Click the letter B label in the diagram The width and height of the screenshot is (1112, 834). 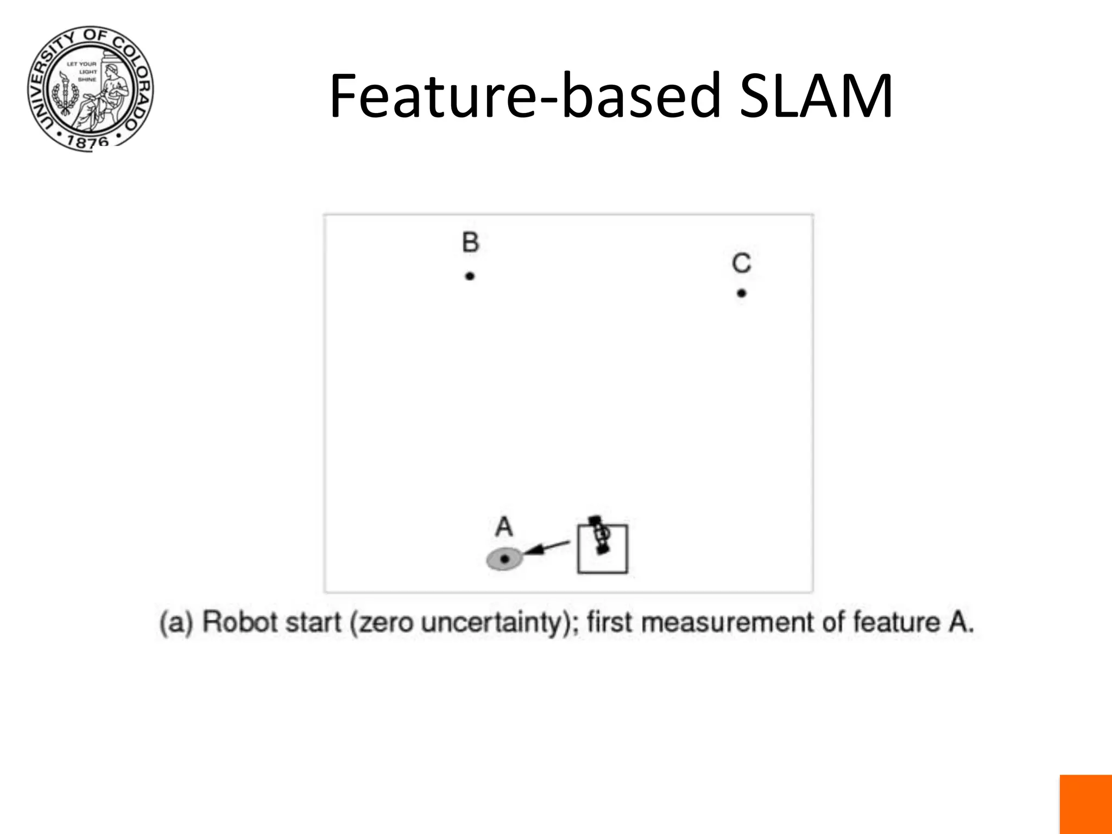click(470, 242)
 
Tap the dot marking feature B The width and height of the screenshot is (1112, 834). click(470, 276)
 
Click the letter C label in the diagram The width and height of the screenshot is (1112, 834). click(741, 263)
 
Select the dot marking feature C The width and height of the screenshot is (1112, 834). click(742, 293)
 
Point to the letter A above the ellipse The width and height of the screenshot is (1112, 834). click(504, 527)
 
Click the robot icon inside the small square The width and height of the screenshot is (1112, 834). click(599, 535)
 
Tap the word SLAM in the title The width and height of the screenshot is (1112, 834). click(816, 97)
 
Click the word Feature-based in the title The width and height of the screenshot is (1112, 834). click(525, 97)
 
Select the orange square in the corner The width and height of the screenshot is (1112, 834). click(1085, 804)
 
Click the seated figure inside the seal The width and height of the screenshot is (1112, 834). click(109, 90)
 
